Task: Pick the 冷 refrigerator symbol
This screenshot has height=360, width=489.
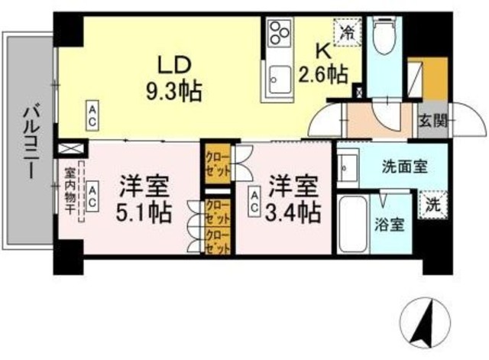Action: (x=348, y=32)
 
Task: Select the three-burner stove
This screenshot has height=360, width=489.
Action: (x=278, y=34)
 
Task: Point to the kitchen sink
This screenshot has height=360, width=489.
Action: (x=277, y=77)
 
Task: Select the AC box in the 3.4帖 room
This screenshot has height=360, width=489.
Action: (x=254, y=199)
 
